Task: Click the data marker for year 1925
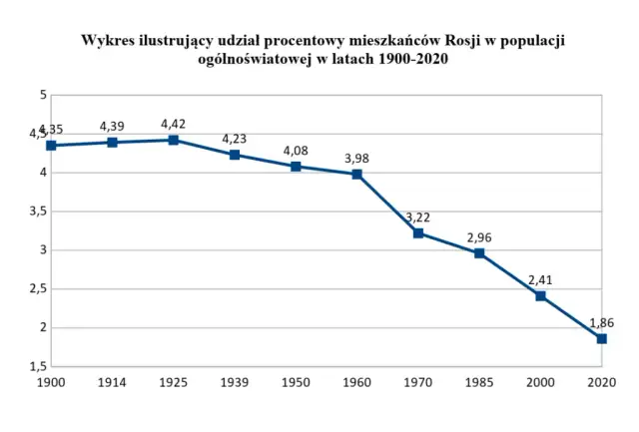173,140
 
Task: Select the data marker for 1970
418,232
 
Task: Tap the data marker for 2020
601,338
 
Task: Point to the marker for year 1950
296,166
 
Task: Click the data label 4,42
173,124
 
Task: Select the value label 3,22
418,216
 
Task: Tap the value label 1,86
601,322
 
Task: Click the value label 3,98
356,158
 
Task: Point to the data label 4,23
235,139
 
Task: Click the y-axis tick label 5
43,95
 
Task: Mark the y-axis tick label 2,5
38,288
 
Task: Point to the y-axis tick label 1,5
38,366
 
